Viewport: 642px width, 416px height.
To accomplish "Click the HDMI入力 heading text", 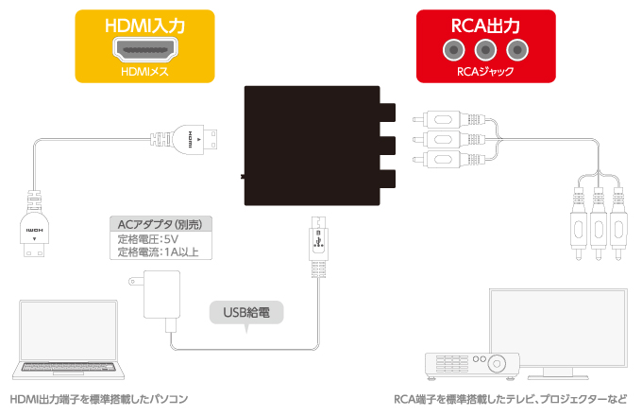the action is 145,26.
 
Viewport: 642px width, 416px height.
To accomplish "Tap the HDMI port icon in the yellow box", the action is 145,50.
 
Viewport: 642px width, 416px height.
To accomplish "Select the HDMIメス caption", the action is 145,72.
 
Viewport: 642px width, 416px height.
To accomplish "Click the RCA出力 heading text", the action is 485,26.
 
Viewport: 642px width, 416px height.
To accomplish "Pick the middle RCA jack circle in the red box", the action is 485,50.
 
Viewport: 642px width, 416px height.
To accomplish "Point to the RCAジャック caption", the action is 485,72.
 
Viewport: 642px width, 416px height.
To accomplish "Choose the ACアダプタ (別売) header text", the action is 160,224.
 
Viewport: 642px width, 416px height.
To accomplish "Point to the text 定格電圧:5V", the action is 148,239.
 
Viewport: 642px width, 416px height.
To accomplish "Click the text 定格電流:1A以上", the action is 158,251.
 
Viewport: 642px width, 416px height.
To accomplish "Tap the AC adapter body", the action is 161,294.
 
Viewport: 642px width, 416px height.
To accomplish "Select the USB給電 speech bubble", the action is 246,313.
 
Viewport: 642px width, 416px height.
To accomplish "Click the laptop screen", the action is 68,332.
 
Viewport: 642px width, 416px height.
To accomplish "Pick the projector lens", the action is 497,364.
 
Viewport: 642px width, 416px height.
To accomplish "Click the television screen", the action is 559,328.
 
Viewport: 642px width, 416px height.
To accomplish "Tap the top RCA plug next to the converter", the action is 449,120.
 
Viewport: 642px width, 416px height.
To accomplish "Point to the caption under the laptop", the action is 99,399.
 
